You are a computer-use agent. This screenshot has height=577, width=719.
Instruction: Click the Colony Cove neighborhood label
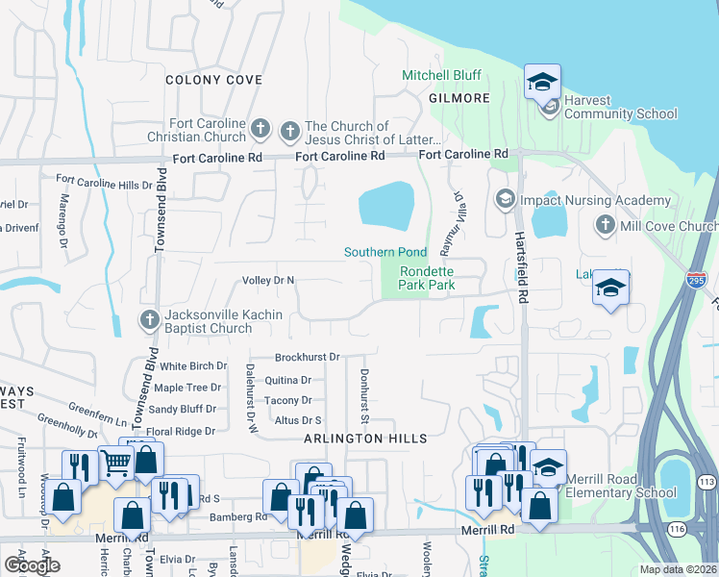click(x=213, y=80)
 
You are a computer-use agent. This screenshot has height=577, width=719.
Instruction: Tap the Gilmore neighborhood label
click(x=459, y=98)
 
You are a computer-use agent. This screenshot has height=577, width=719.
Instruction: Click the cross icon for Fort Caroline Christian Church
click(x=260, y=129)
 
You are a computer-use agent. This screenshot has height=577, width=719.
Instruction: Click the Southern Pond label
click(x=385, y=253)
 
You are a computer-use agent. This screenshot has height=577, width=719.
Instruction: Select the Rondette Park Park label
click(x=426, y=278)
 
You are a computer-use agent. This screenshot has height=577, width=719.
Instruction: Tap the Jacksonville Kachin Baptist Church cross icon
click(x=149, y=320)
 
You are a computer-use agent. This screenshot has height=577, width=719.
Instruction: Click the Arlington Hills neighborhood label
click(x=365, y=439)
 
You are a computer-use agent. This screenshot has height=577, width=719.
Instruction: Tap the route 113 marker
click(x=707, y=483)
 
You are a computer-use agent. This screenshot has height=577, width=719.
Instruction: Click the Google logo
click(x=32, y=564)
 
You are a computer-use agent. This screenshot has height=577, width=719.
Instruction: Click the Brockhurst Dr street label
click(x=308, y=357)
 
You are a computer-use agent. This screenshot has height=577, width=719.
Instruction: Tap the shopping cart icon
click(x=115, y=464)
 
